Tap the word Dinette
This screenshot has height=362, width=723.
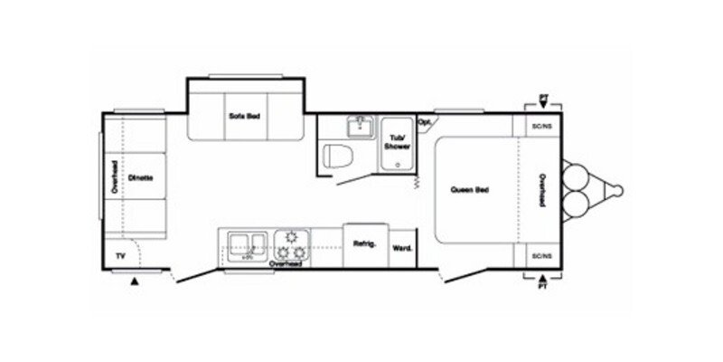pos(139,177)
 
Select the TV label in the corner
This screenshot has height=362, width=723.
pos(118,256)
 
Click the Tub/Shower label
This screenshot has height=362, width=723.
pos(396,141)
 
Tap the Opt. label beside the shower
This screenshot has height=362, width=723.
pos(424,121)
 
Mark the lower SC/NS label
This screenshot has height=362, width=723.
pos(542,256)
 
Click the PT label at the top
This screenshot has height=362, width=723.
pos(542,96)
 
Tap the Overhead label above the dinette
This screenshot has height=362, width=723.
pos(115,177)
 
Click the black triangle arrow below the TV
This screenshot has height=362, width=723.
pos(135,282)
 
